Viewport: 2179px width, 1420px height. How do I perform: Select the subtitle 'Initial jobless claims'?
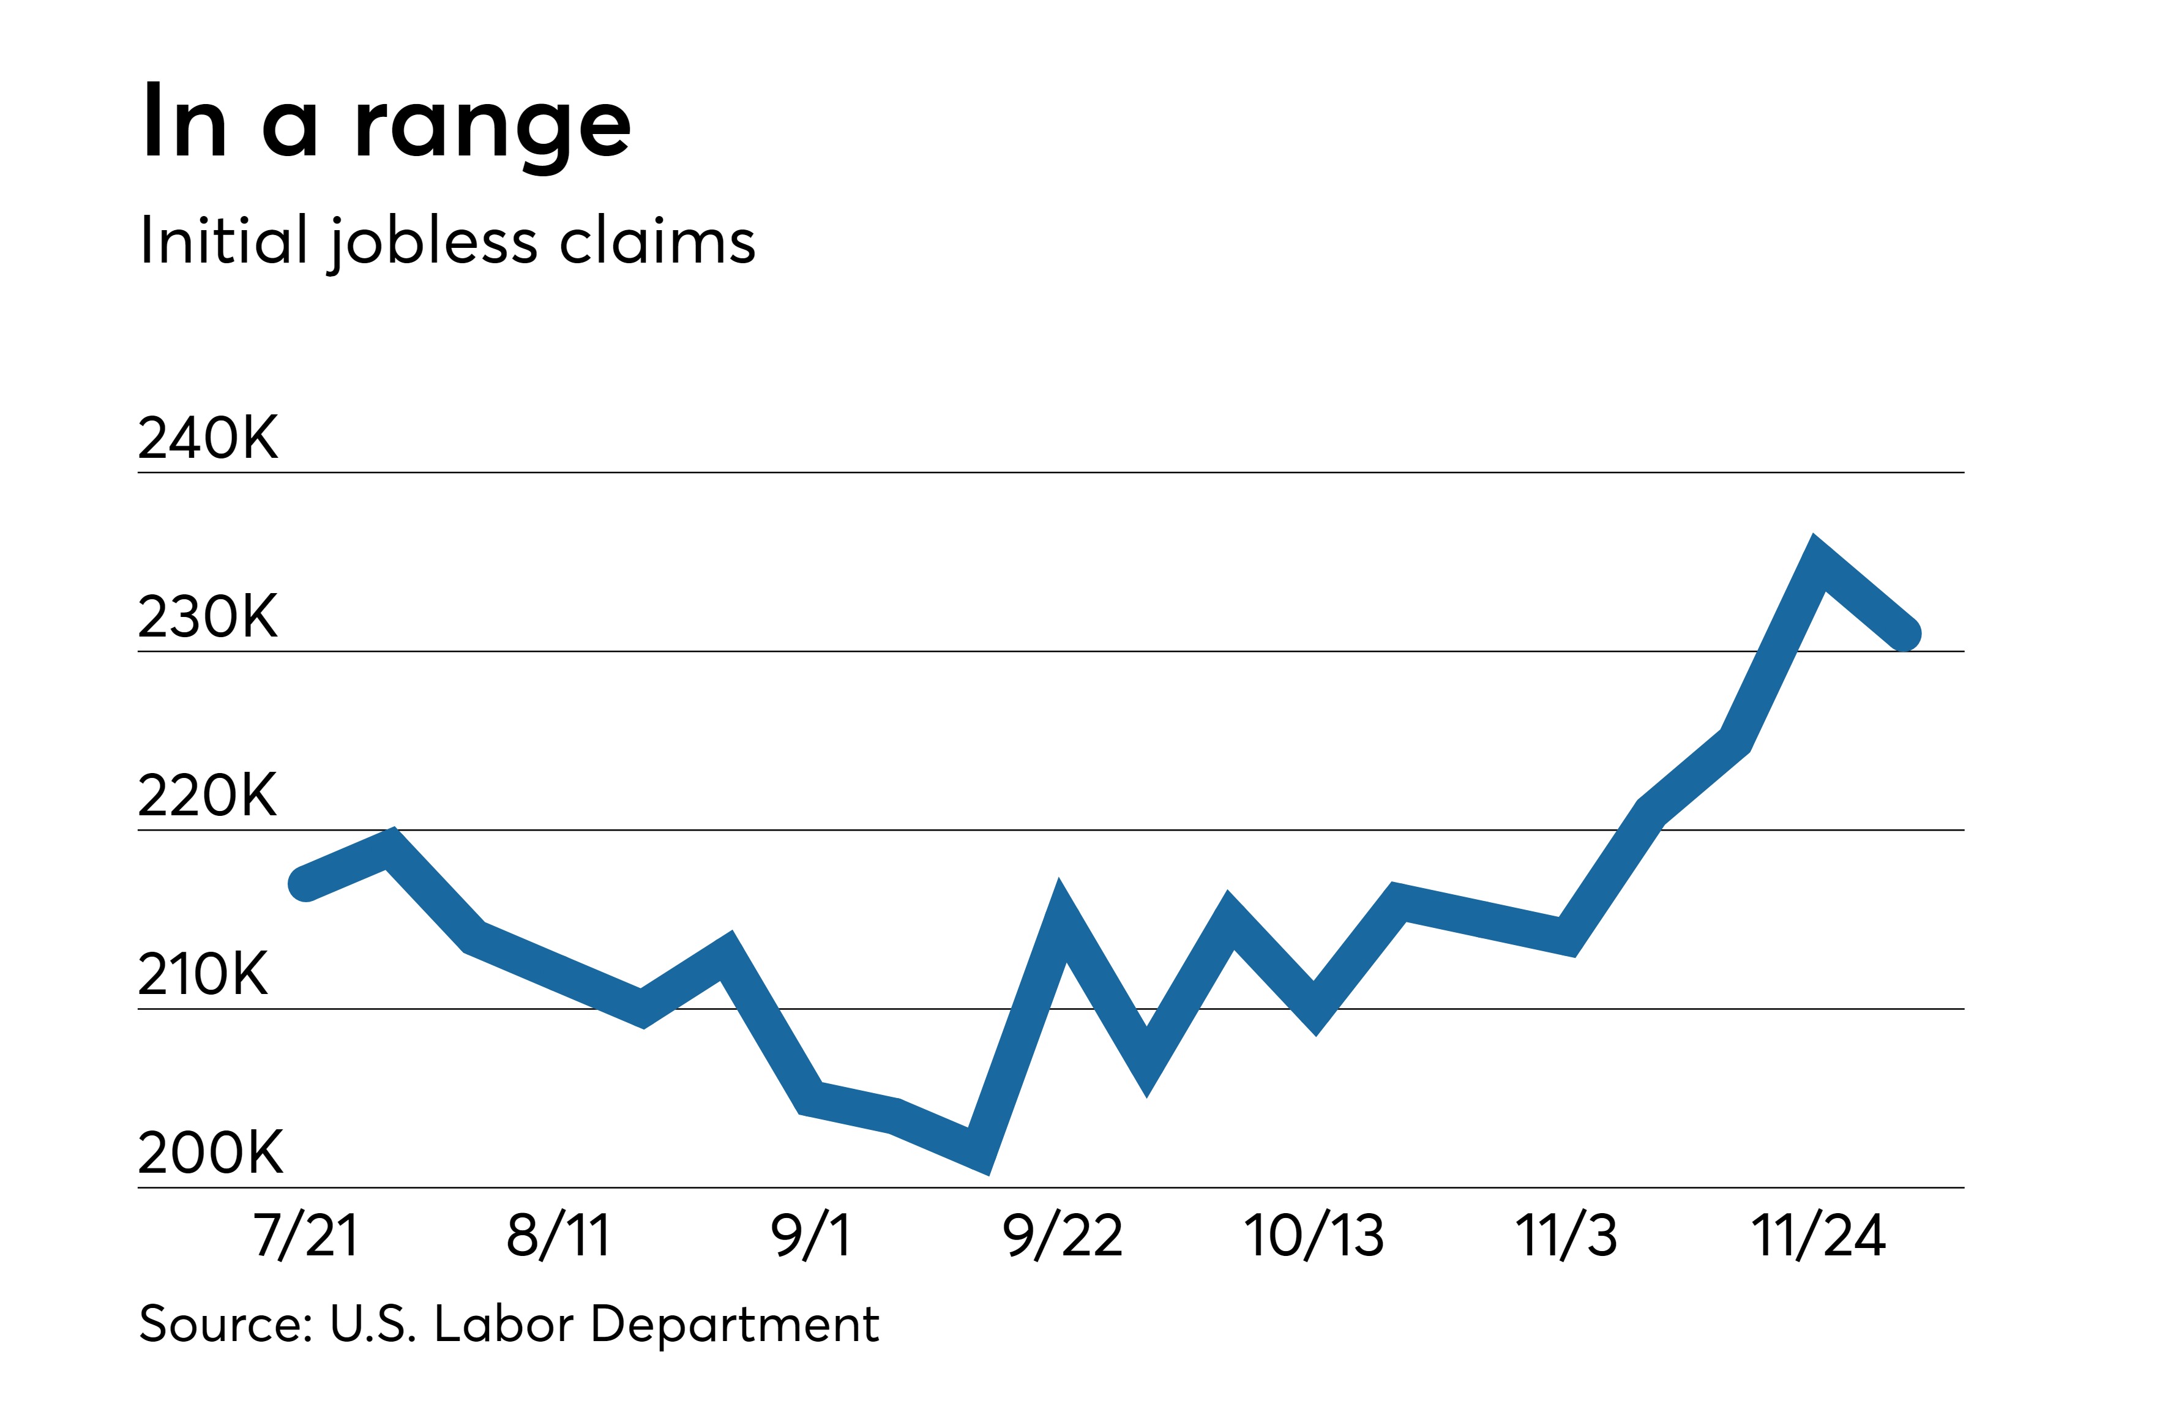447,242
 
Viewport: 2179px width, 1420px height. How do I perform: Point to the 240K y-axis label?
208,438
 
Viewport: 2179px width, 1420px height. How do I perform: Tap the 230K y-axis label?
208,616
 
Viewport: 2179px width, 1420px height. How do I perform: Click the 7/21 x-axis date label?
306,1235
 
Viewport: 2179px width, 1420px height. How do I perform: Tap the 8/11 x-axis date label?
558,1235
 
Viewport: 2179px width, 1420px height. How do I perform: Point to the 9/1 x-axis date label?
811,1235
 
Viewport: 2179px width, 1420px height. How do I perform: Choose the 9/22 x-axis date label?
1062,1235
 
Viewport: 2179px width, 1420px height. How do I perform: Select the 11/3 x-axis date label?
1566,1235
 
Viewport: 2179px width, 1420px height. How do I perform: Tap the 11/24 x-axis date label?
1818,1235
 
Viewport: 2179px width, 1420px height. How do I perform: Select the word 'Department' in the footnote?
735,1324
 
